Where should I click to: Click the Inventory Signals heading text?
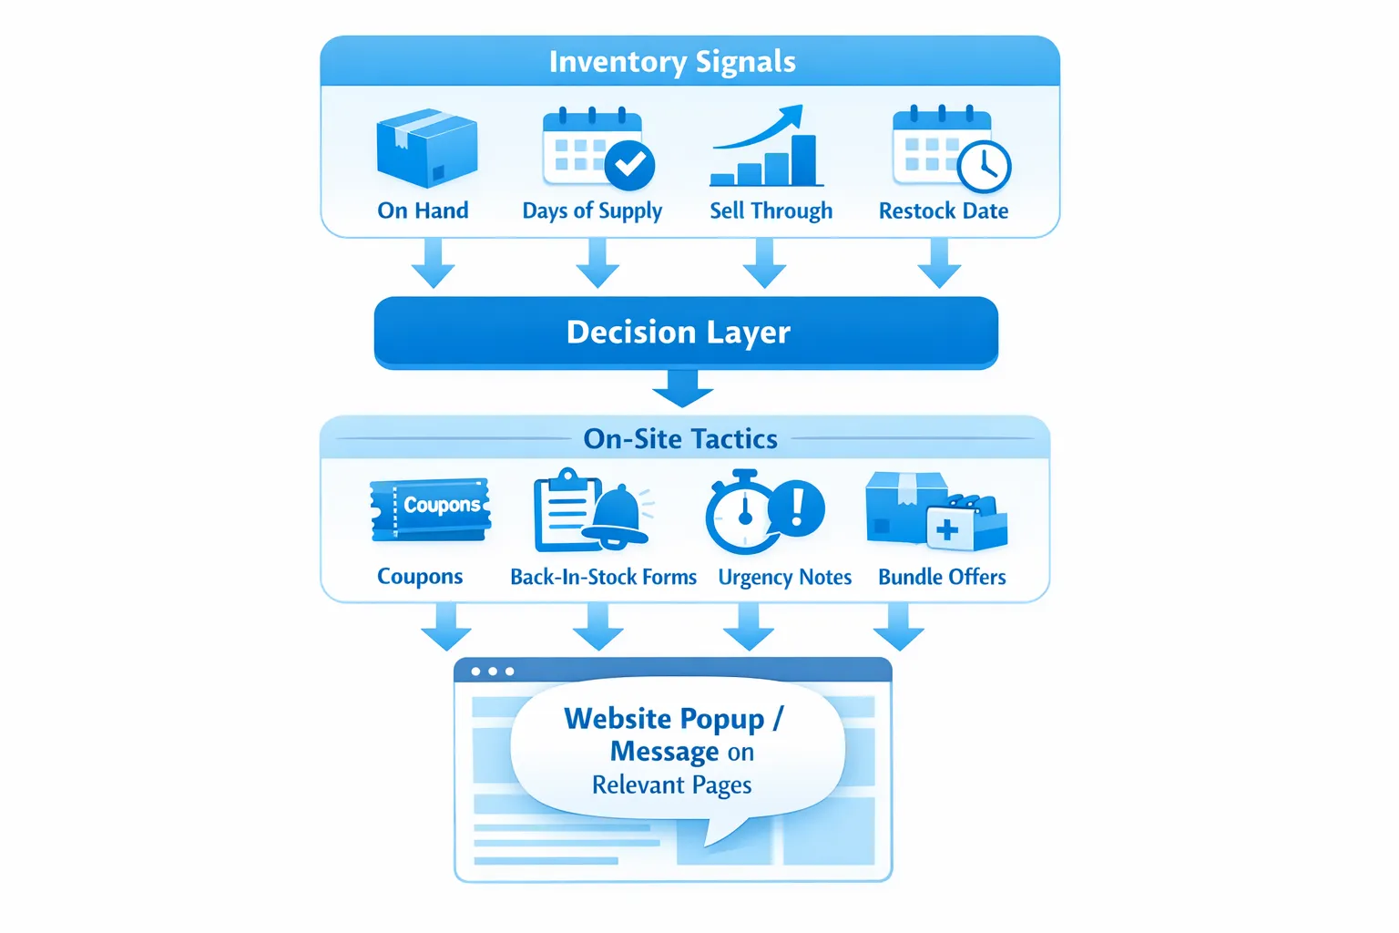click(x=672, y=62)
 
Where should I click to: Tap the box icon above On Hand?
click(x=426, y=149)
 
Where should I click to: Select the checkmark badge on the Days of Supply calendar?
click(x=629, y=165)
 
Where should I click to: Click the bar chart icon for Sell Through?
click(x=766, y=150)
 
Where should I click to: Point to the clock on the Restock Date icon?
click(x=984, y=167)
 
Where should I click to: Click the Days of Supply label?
click(x=592, y=211)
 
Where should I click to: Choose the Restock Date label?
click(x=943, y=211)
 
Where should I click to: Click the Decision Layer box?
click(x=686, y=333)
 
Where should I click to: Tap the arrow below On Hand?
click(x=433, y=264)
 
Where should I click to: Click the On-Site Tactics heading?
click(x=680, y=439)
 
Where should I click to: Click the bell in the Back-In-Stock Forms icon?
click(x=619, y=516)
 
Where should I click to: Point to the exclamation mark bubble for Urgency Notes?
click(x=797, y=507)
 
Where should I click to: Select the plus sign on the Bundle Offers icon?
click(x=947, y=530)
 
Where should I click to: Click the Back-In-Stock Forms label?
click(x=603, y=578)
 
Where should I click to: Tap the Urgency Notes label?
click(x=784, y=578)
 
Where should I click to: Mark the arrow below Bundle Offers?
click(x=899, y=627)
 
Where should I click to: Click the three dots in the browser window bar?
click(x=492, y=672)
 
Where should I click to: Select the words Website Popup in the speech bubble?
click(x=664, y=719)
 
